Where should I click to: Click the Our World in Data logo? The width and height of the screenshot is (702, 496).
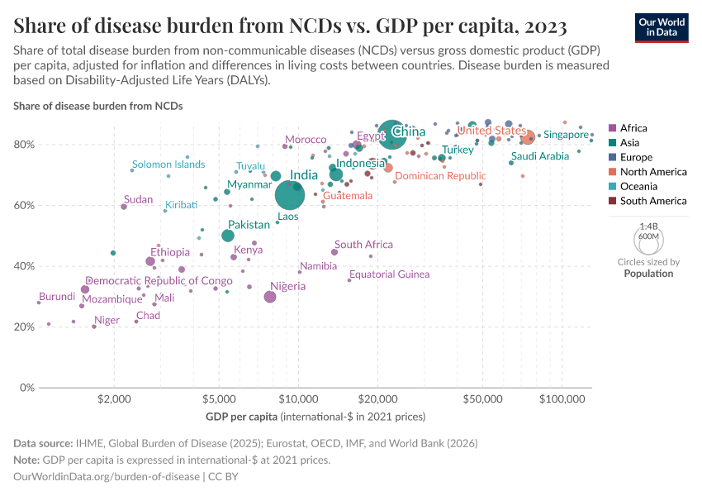[x=662, y=27]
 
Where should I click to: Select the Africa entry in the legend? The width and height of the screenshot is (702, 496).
[x=633, y=128]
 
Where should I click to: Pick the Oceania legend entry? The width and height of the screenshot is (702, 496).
[x=636, y=186]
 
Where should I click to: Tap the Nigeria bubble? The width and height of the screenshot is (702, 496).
[x=269, y=297]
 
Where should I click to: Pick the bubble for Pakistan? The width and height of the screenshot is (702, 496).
[x=228, y=236]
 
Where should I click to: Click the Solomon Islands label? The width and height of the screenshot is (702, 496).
[x=168, y=165]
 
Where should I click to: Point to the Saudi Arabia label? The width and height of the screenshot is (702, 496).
[x=540, y=156]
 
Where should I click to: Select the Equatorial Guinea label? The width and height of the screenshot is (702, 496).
[x=389, y=274]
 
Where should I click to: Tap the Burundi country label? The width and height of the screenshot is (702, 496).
[x=57, y=297]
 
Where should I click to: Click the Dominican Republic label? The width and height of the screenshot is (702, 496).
[x=440, y=176]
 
